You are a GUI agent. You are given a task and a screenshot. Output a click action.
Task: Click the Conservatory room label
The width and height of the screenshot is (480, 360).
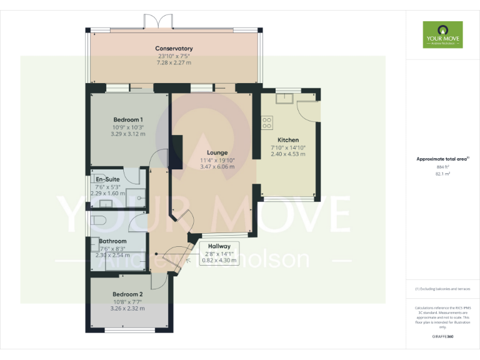(x=174, y=49)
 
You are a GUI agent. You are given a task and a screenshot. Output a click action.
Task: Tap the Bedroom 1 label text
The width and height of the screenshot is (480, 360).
(x=128, y=120)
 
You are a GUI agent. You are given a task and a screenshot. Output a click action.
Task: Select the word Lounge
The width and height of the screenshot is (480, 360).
(x=217, y=152)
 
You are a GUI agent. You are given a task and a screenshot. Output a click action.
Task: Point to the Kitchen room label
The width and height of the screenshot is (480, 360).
(x=288, y=140)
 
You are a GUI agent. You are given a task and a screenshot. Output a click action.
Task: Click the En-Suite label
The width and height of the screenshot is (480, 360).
(x=107, y=179)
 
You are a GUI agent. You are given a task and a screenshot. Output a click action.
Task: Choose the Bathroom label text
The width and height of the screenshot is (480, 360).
(x=112, y=241)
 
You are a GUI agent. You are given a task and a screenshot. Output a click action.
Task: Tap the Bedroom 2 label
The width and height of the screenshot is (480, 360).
(x=127, y=294)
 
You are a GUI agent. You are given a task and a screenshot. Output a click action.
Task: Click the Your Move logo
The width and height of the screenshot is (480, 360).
(x=442, y=35)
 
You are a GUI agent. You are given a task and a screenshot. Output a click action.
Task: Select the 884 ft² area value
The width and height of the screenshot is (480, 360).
(x=442, y=167)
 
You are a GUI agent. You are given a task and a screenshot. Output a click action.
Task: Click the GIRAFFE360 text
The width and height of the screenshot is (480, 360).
(x=442, y=336)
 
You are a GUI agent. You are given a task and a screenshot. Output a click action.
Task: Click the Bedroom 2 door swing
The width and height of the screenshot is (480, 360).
(x=157, y=281)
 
